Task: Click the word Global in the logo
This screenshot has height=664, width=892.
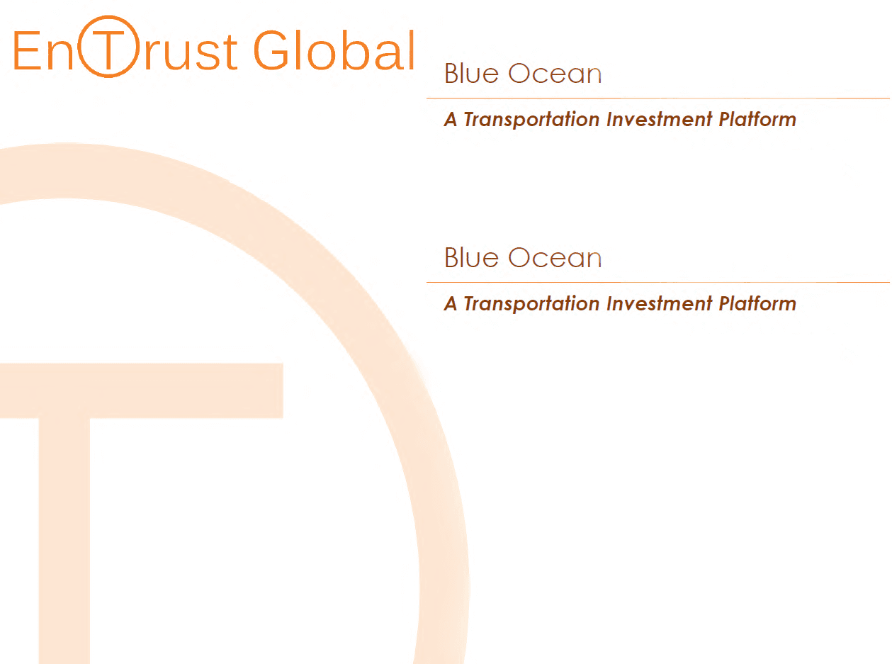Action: [334, 50]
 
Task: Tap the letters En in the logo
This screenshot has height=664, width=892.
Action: [43, 50]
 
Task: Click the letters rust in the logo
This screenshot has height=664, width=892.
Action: [191, 52]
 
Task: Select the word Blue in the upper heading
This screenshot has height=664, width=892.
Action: [471, 73]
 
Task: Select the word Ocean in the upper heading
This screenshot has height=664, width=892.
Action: [555, 74]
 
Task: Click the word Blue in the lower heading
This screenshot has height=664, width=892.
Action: [471, 257]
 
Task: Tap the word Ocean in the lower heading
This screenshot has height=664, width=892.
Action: [555, 258]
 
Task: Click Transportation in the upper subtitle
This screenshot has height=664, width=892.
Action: [531, 120]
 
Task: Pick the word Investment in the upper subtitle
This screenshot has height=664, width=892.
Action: [660, 120]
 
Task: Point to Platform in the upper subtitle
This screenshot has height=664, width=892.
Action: [757, 120]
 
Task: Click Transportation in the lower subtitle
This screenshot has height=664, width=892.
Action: [531, 304]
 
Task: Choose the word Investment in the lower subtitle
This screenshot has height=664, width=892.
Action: [660, 303]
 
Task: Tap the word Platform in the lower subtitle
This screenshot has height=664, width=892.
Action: [757, 303]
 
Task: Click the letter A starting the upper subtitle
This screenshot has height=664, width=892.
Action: [451, 120]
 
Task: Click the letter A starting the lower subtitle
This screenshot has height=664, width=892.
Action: [451, 303]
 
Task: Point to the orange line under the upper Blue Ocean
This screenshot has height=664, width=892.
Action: [658, 98]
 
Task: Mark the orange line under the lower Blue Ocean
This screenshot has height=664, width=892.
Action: [658, 283]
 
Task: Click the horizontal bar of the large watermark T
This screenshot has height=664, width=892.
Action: [142, 390]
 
